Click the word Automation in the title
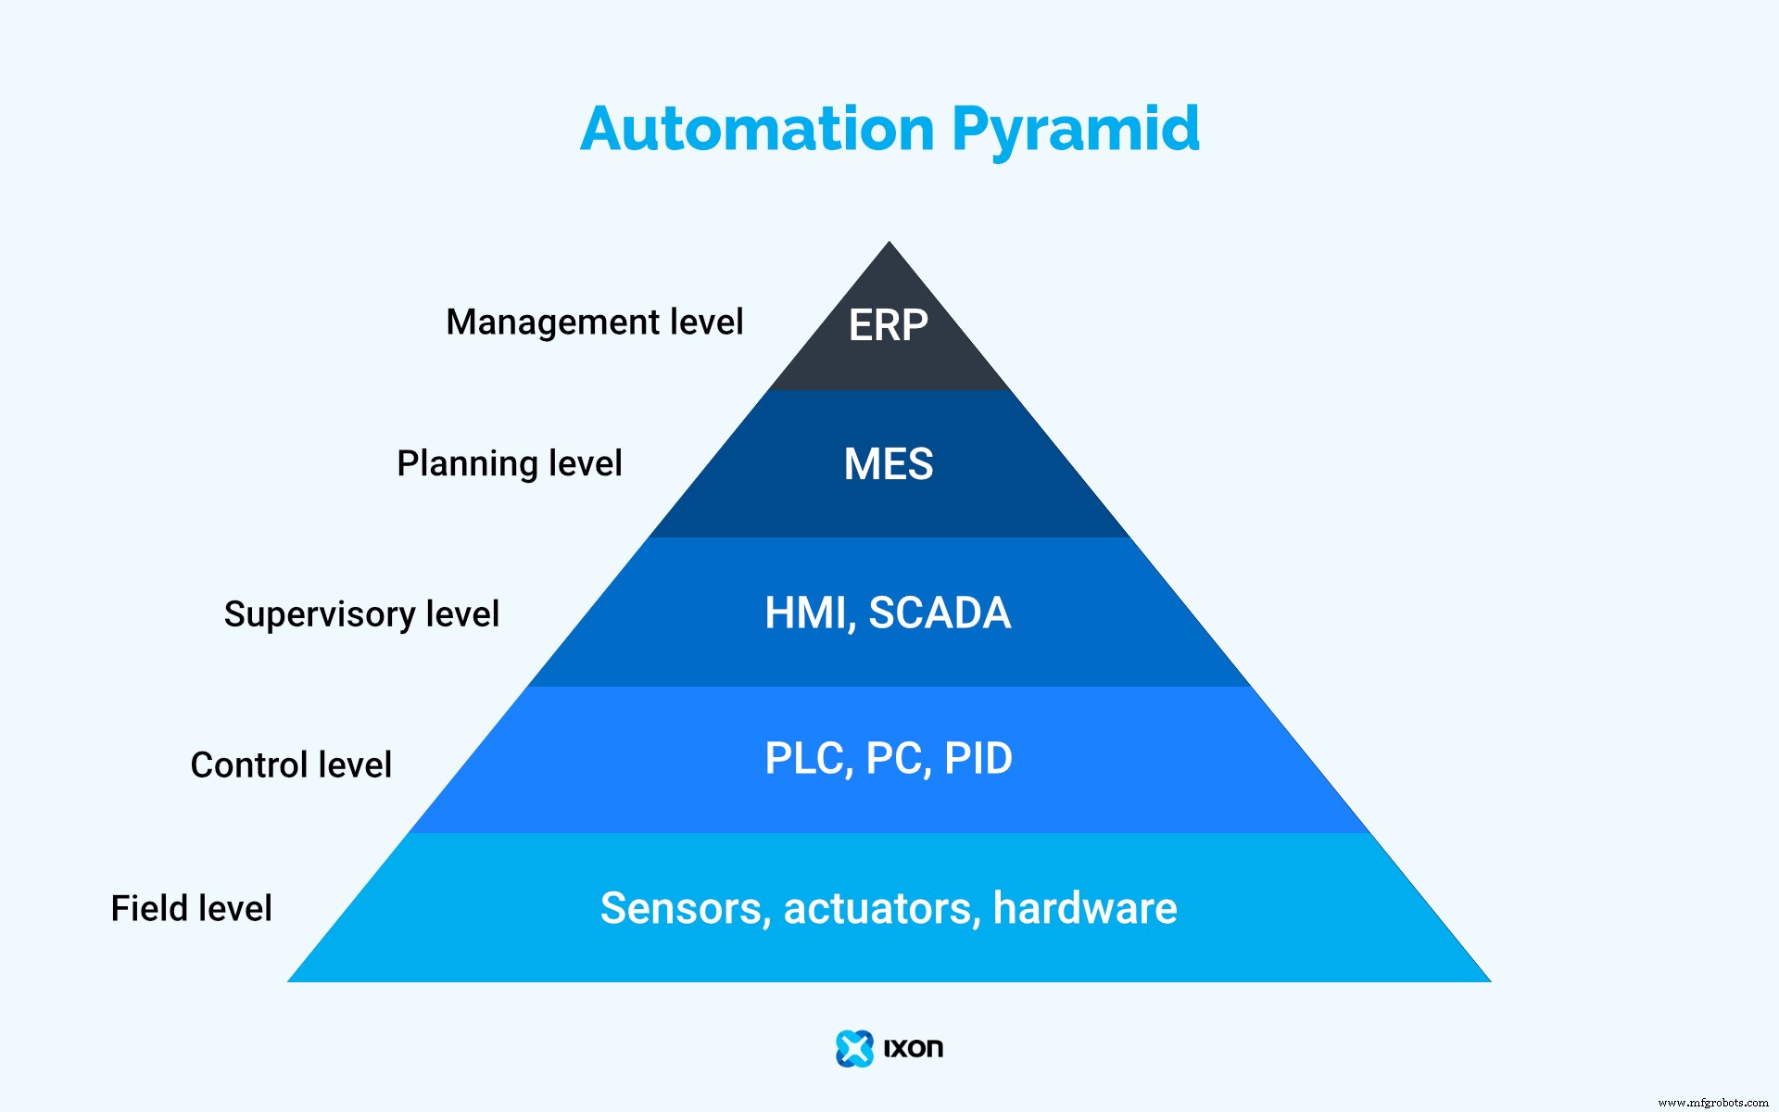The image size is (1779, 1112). click(x=757, y=129)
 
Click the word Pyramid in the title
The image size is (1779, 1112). click(x=1075, y=131)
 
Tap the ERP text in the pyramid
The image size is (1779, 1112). click(x=888, y=325)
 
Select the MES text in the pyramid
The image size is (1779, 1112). click(x=888, y=464)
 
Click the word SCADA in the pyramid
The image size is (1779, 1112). click(x=939, y=613)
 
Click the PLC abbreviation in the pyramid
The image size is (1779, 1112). click(x=802, y=759)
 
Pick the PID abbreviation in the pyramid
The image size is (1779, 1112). click(x=978, y=759)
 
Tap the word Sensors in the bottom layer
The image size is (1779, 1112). click(x=681, y=908)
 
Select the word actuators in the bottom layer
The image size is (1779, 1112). click(x=881, y=908)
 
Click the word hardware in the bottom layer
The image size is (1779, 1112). click(x=1084, y=908)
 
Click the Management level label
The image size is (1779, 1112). click(x=594, y=322)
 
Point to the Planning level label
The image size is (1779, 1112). click(x=509, y=463)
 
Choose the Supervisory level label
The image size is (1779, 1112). click(x=361, y=614)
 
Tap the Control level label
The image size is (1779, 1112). click(x=291, y=765)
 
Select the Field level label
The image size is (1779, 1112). click(x=191, y=909)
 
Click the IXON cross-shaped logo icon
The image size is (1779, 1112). click(x=854, y=1048)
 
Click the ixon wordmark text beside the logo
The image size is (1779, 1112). click(x=913, y=1048)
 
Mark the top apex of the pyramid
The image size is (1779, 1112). click(x=889, y=245)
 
